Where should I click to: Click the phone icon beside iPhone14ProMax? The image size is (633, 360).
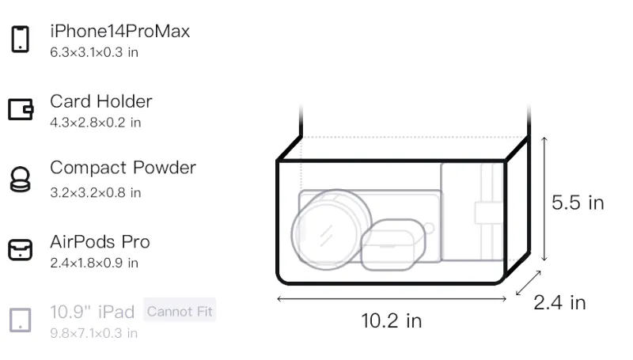point(21,39)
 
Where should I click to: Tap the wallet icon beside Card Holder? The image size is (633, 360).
point(21,109)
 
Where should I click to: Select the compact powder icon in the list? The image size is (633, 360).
point(20,179)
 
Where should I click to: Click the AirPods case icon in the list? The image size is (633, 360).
point(21,249)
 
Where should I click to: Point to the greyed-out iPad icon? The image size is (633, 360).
point(21,320)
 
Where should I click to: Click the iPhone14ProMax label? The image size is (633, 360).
point(120,31)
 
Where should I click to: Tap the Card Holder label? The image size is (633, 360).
point(101,101)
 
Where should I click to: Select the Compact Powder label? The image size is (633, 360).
point(123,168)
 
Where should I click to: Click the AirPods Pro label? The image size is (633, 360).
point(100,242)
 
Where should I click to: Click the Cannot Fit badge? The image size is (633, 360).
point(180,311)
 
